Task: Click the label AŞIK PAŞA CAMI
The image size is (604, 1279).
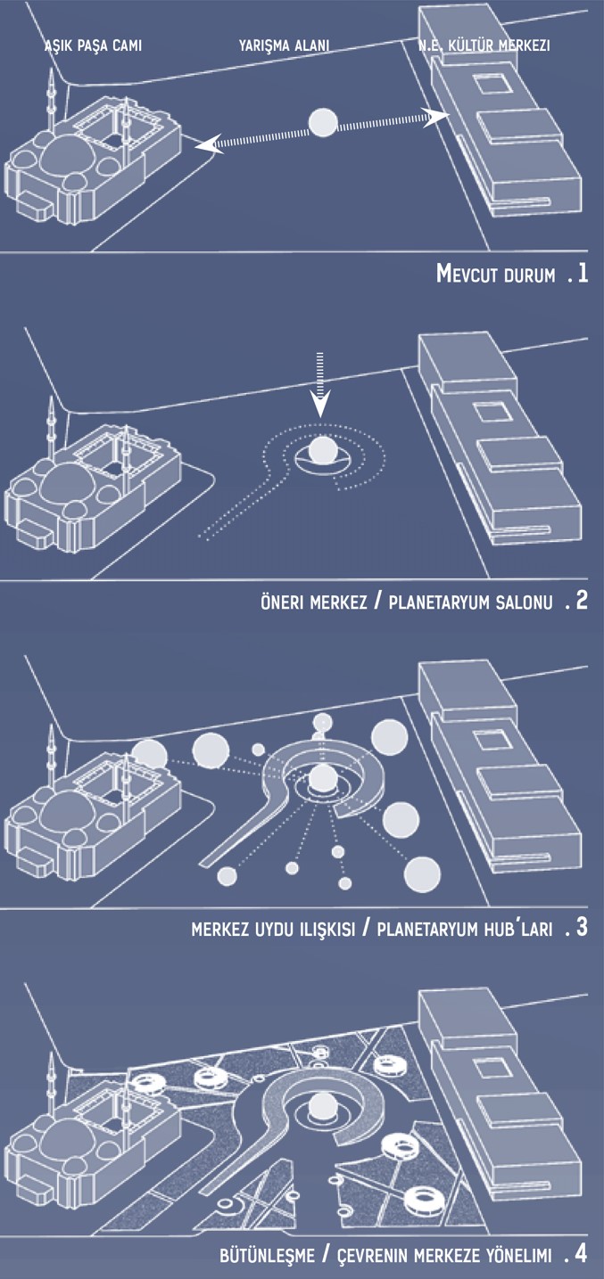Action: pyautogui.click(x=93, y=45)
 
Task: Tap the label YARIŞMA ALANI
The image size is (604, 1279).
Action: pyautogui.click(x=284, y=45)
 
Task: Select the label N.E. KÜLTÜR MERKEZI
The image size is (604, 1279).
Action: pyautogui.click(x=484, y=45)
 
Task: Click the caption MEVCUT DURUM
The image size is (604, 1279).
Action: pyautogui.click(x=495, y=274)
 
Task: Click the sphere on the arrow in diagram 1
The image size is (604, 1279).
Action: pyautogui.click(x=323, y=122)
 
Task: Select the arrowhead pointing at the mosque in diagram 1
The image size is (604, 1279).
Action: pyautogui.click(x=206, y=145)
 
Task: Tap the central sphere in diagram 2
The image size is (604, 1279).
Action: pyautogui.click(x=322, y=450)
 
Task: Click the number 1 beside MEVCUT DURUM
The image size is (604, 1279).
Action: pyautogui.click(x=583, y=274)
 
